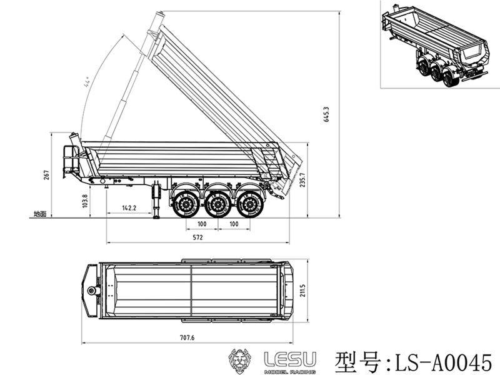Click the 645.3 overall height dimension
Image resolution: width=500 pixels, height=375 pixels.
tap(326, 115)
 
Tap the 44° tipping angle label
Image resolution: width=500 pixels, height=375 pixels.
tap(86, 82)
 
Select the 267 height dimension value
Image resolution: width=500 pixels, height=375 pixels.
tap(46, 175)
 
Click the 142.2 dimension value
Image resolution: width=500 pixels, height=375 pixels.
tap(129, 208)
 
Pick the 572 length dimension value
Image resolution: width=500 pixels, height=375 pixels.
tap(197, 237)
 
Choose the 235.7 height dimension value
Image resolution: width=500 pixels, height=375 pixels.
tap(302, 180)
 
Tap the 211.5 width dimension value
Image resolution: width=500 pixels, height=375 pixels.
tap(302, 291)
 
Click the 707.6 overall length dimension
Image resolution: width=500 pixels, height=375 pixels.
tap(187, 337)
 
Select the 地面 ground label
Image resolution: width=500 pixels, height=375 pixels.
tap(40, 214)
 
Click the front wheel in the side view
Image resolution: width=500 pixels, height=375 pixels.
tap(185, 204)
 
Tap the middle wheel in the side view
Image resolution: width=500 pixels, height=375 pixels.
tap(217, 204)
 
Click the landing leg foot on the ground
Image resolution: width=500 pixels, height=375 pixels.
tap(156, 217)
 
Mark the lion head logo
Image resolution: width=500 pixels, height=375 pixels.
tap(239, 361)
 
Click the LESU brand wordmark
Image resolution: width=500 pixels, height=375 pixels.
tap(290, 359)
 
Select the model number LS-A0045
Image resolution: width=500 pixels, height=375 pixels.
tap(443, 362)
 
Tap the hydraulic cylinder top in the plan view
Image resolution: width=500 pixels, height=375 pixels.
tap(92, 291)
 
